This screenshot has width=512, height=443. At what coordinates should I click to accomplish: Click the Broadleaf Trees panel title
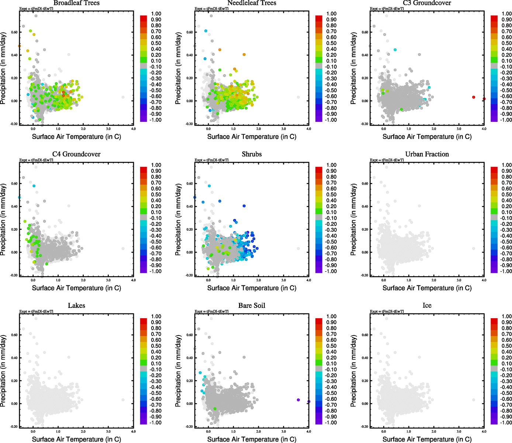point(76,3)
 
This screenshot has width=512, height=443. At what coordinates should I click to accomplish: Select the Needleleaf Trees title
point(252,3)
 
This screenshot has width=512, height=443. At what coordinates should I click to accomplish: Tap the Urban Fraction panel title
point(427,154)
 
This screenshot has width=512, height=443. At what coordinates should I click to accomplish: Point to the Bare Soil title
point(252,306)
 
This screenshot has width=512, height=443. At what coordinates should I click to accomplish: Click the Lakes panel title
point(76,306)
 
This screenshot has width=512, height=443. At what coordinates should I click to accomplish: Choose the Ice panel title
point(427,306)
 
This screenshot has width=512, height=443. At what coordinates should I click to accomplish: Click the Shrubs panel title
point(252,154)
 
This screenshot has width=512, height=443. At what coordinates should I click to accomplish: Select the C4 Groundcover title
point(76,154)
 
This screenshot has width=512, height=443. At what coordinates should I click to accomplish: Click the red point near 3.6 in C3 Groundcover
point(474,97)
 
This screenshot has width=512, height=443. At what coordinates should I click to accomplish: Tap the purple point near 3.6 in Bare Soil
point(298,400)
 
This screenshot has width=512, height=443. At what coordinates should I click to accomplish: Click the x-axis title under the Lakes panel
point(76,439)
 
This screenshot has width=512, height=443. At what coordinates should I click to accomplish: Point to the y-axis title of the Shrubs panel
point(179,220)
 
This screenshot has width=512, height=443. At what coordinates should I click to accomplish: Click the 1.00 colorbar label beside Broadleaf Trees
point(156,14)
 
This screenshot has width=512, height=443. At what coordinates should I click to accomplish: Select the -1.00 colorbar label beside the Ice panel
point(506,423)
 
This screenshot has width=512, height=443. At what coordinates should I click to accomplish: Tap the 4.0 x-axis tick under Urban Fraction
point(484,280)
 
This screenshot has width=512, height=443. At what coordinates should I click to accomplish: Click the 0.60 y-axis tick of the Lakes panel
point(14,335)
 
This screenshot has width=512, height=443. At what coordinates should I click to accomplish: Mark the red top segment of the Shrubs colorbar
point(319,169)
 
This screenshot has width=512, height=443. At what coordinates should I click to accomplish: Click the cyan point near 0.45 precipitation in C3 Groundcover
point(395,49)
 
